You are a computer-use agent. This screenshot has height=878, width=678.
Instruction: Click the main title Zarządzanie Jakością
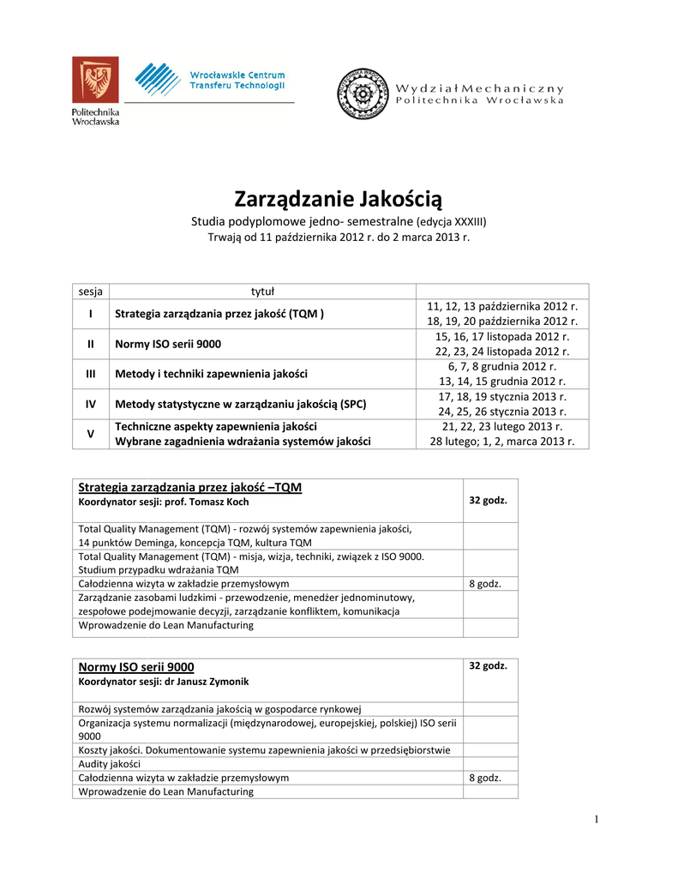[x=339, y=200]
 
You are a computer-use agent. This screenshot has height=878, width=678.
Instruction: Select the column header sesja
[x=90, y=291]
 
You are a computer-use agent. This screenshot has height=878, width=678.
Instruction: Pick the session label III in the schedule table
[x=90, y=374]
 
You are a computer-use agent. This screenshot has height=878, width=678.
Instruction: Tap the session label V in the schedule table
[x=90, y=434]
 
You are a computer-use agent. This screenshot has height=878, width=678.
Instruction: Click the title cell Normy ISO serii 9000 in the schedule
[x=168, y=344]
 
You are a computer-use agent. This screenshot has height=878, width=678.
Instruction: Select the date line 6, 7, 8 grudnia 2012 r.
[x=501, y=366]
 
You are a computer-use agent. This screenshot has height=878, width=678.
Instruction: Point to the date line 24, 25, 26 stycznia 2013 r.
[x=501, y=411]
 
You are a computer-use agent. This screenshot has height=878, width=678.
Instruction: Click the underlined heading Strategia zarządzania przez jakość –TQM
[x=189, y=487]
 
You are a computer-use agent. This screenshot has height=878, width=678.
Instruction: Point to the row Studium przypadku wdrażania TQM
[x=159, y=569]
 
